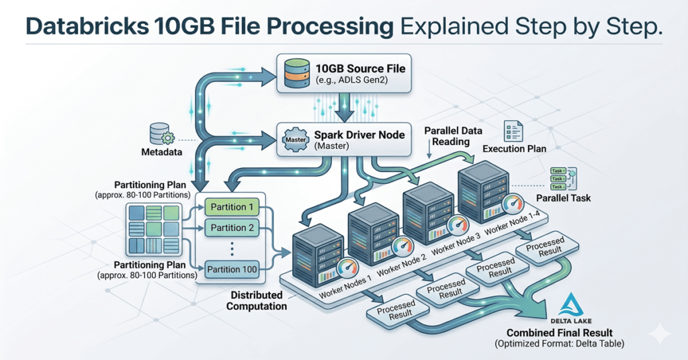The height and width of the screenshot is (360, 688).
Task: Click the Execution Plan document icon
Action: (512, 131)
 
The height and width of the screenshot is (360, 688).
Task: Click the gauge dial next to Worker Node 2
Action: (402, 244)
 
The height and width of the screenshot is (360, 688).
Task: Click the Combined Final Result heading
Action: (560, 333)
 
